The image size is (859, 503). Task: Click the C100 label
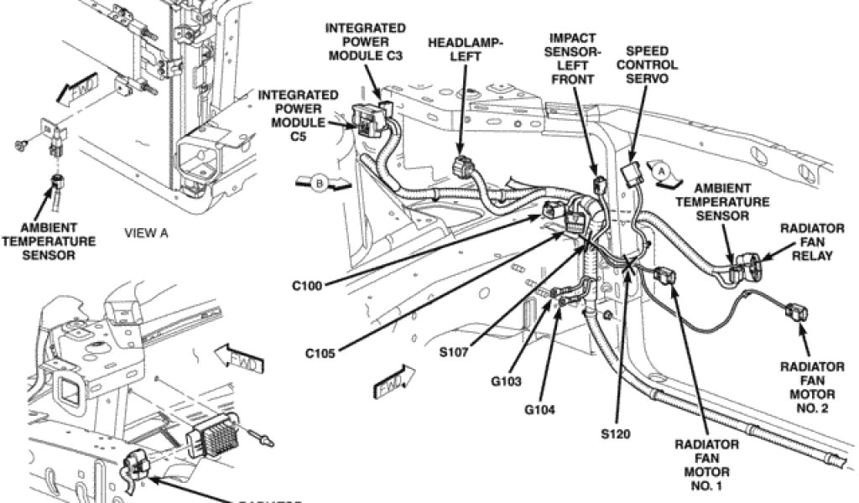point(307,285)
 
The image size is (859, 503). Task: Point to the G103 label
point(507,381)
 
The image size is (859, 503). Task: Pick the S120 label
point(616,434)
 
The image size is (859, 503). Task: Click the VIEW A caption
point(146,234)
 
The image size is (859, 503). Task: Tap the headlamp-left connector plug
point(462,166)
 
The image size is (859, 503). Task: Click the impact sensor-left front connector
point(597,185)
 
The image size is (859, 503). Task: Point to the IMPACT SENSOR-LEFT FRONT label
point(573,59)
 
